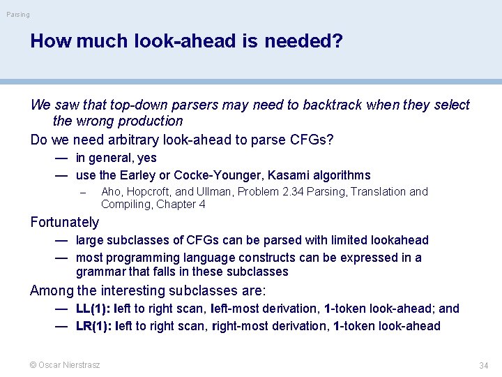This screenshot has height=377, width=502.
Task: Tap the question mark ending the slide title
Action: [337, 41]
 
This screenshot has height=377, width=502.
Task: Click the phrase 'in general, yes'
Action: [116, 158]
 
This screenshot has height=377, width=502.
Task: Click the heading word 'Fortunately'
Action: [65, 223]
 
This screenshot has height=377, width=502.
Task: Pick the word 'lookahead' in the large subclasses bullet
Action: [402, 240]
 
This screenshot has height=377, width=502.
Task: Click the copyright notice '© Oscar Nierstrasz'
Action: [65, 365]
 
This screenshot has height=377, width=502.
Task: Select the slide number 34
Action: [483, 366]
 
